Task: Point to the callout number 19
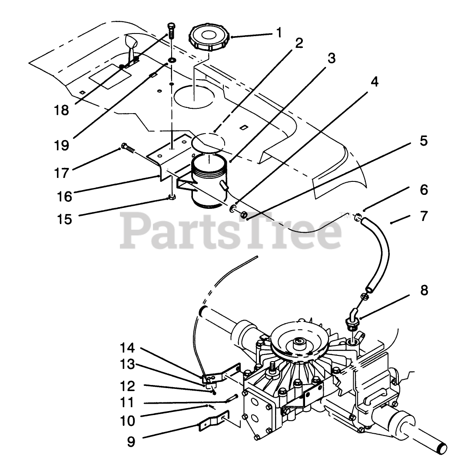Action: tap(62, 145)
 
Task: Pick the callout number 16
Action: tap(64, 196)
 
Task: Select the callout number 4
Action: tap(374, 82)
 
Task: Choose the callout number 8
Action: tap(424, 290)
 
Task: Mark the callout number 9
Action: tap(131, 442)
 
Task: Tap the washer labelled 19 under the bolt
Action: tap(172, 60)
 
